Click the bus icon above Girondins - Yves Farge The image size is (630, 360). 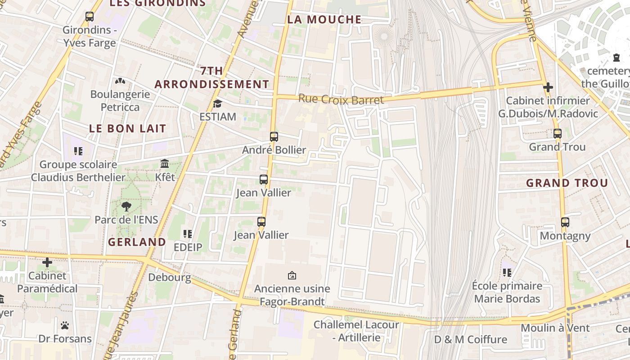90,17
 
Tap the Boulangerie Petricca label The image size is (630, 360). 120,101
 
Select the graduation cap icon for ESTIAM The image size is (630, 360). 217,103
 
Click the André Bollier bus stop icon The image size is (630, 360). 274,136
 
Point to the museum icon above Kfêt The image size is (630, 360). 165,163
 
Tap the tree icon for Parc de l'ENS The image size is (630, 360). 126,207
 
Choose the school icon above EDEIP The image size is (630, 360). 188,234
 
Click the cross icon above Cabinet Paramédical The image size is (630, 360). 47,262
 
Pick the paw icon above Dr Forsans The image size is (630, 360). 65,325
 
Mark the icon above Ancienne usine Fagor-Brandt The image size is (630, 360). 292,275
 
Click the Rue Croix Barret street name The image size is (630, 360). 341,99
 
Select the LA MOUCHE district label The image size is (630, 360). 324,19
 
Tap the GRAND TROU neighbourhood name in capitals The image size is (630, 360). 567,183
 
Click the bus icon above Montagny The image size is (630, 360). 565,222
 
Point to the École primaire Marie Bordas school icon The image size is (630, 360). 507,272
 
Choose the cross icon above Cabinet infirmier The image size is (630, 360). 548,87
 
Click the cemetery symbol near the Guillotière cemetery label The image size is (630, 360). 616,58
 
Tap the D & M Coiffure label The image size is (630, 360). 470,339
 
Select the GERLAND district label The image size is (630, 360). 137,242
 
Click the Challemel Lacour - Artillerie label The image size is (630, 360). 356,331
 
